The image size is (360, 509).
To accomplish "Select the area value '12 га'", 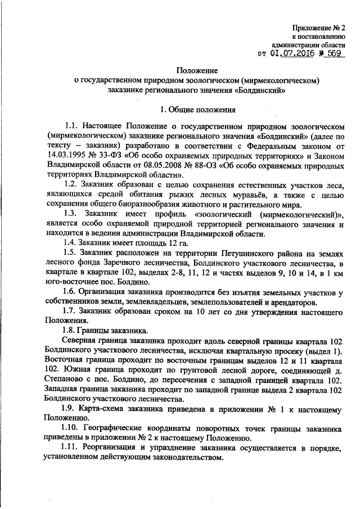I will coord(175,244).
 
